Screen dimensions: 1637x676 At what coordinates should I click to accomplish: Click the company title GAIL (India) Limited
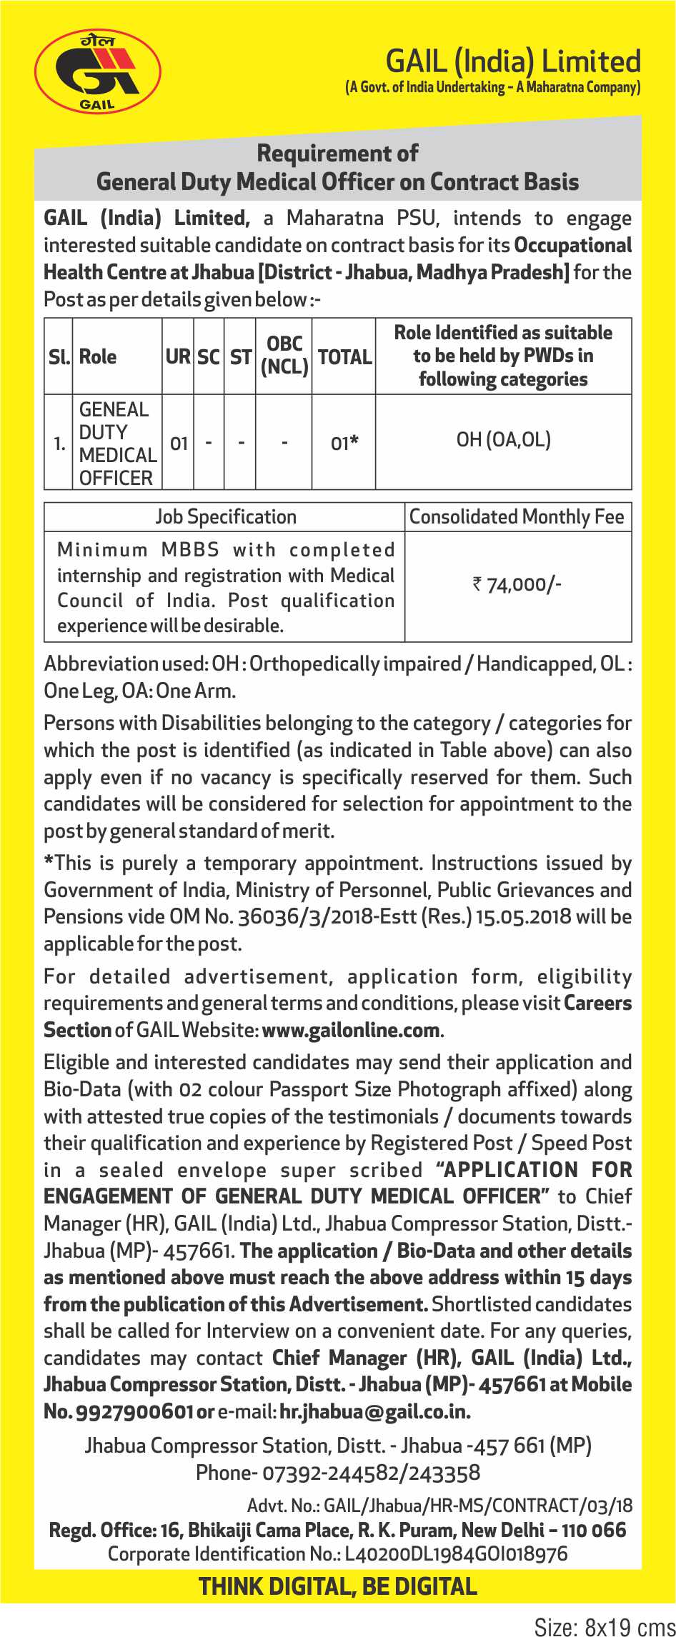[x=512, y=61]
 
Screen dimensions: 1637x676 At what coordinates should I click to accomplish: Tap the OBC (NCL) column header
[x=284, y=355]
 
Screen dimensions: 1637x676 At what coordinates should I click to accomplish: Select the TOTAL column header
[x=344, y=356]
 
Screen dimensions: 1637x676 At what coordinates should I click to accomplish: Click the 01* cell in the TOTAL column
[x=344, y=444]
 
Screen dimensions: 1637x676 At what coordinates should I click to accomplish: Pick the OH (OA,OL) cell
[x=504, y=440]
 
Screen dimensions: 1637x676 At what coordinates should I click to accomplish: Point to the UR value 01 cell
[x=179, y=444]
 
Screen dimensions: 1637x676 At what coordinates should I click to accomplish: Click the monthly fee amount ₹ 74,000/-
[x=517, y=585]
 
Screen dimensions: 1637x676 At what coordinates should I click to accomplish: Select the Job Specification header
[x=225, y=516]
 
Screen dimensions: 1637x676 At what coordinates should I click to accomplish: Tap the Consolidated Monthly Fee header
[x=517, y=516]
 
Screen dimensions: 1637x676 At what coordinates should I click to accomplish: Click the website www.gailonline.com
[x=351, y=1030]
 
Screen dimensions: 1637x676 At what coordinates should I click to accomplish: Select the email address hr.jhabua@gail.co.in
[x=374, y=1411]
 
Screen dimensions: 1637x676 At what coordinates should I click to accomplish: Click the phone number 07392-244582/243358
[x=371, y=1472]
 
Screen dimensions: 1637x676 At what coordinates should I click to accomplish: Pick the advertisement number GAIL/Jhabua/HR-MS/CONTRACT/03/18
[x=477, y=1506]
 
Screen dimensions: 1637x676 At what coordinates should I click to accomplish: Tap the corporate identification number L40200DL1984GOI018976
[x=456, y=1553]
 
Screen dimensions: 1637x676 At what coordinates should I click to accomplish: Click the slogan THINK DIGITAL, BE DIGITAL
[x=338, y=1586]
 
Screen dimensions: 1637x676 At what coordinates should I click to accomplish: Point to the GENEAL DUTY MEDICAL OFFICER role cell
[x=117, y=444]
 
